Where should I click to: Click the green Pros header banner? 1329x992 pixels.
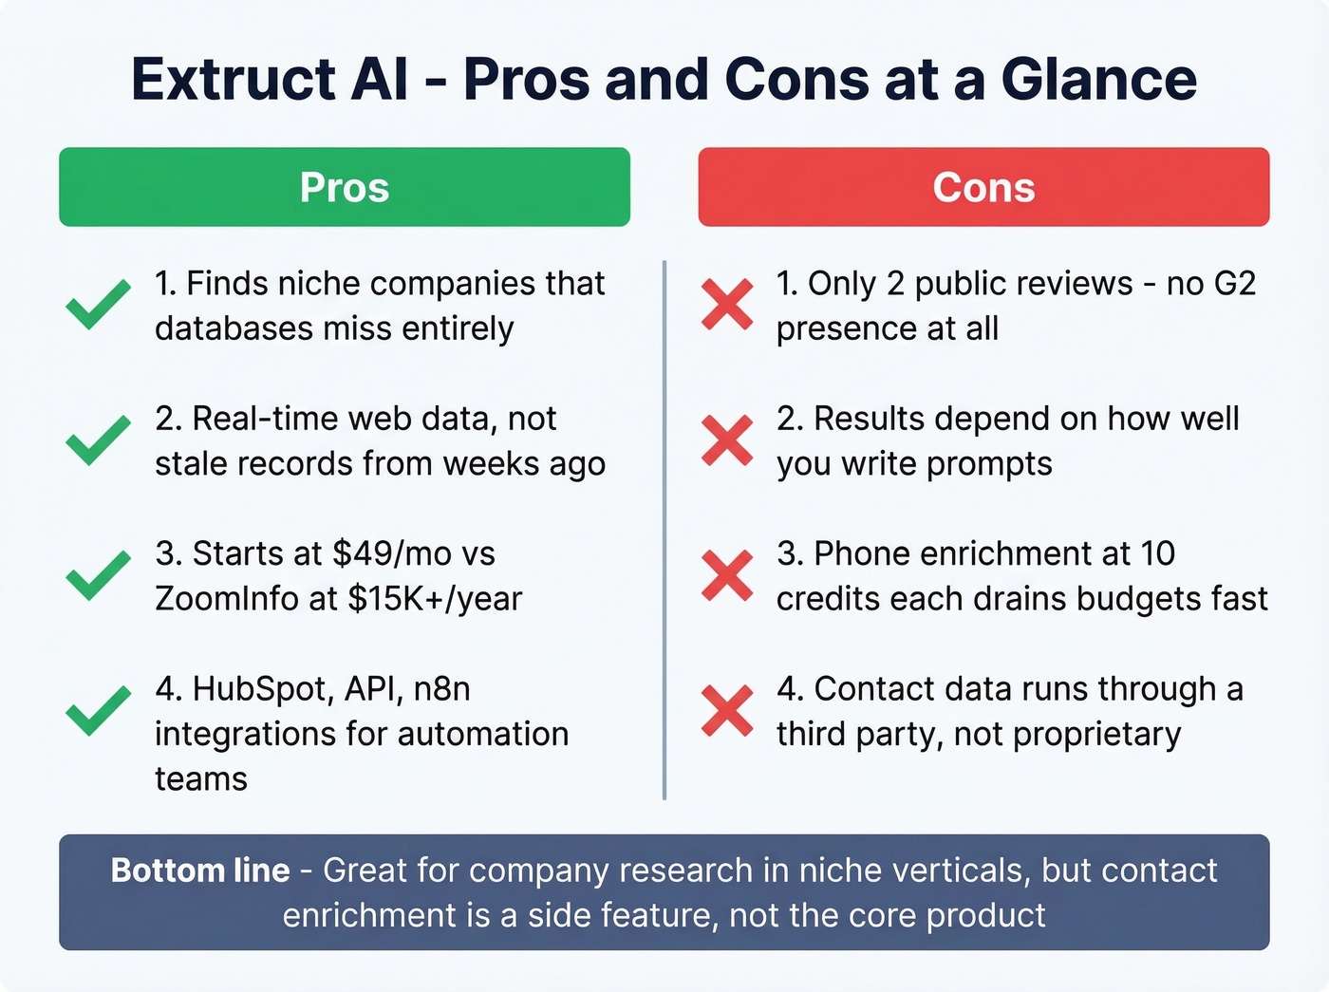(x=344, y=187)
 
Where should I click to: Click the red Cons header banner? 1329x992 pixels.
(x=983, y=187)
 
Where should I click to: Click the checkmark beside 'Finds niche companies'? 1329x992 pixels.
(x=98, y=305)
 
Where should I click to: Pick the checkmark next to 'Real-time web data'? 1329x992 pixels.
(x=98, y=440)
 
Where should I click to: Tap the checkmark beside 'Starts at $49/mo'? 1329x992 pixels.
(x=98, y=575)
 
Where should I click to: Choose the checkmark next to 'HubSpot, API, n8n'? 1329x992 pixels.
(x=98, y=711)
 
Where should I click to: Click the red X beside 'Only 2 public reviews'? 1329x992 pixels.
(x=727, y=305)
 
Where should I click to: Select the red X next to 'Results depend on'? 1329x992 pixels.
(x=727, y=440)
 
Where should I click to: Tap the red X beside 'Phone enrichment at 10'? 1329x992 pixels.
(x=727, y=575)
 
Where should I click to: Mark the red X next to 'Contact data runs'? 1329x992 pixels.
(x=727, y=711)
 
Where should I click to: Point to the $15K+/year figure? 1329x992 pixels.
(x=435, y=599)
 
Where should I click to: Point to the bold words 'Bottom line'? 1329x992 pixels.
(x=200, y=870)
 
